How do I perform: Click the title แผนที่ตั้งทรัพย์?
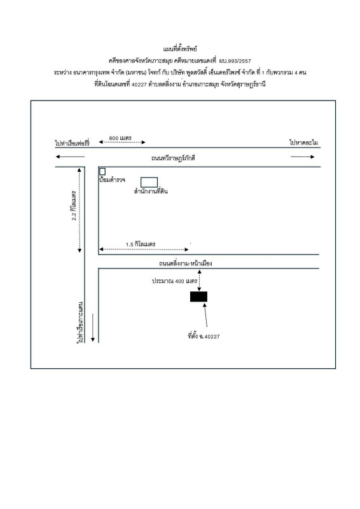[180, 49]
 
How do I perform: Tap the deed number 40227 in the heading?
[139, 85]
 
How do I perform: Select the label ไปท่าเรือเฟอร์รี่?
[72, 143]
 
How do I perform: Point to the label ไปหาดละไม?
[304, 142]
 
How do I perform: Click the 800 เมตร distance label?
[120, 138]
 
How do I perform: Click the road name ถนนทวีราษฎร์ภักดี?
[173, 158]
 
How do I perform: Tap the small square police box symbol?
[102, 171]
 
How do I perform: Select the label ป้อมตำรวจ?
[112, 179]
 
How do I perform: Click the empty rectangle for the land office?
[149, 178]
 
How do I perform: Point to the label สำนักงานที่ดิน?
[151, 192]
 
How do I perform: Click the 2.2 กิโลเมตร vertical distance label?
[74, 206]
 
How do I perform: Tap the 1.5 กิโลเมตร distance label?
[141, 244]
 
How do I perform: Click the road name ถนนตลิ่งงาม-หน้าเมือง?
[185, 263]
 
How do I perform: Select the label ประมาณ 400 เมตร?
[175, 281]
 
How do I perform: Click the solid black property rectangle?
[198, 296]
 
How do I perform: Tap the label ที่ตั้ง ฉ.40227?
[204, 336]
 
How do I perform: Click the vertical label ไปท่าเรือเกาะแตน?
[81, 323]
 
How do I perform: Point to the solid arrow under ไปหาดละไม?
[303, 157]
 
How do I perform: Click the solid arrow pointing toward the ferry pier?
[70, 157]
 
